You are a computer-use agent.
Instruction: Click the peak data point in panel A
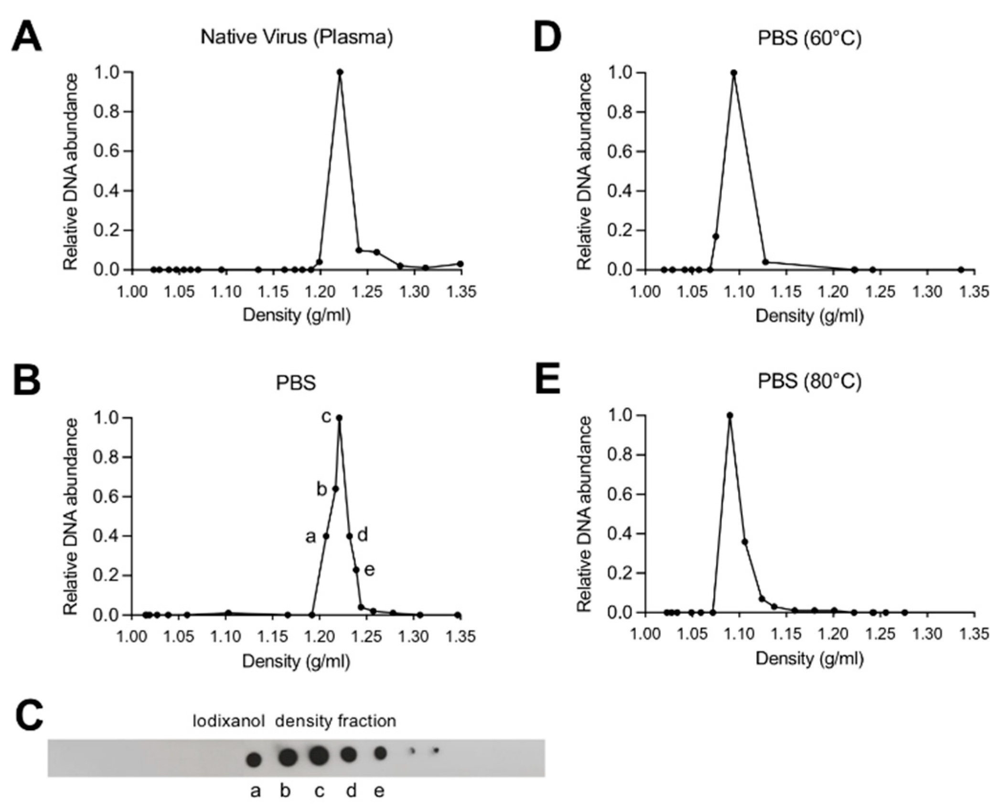[340, 72]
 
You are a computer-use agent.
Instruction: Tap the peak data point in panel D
[734, 73]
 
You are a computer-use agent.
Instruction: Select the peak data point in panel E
[729, 416]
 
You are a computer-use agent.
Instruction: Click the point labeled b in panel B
[335, 489]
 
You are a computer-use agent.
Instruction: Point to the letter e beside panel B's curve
[369, 570]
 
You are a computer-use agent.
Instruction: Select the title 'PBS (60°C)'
[810, 38]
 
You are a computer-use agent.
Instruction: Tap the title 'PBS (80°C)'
[810, 381]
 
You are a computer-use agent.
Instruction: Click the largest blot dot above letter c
[319, 756]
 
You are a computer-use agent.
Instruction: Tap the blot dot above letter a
[254, 759]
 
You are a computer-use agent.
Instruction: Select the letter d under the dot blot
[351, 791]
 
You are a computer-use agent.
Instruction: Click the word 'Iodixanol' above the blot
[228, 721]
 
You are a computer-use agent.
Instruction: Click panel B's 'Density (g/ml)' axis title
[296, 662]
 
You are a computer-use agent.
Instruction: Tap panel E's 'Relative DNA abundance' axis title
[585, 514]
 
